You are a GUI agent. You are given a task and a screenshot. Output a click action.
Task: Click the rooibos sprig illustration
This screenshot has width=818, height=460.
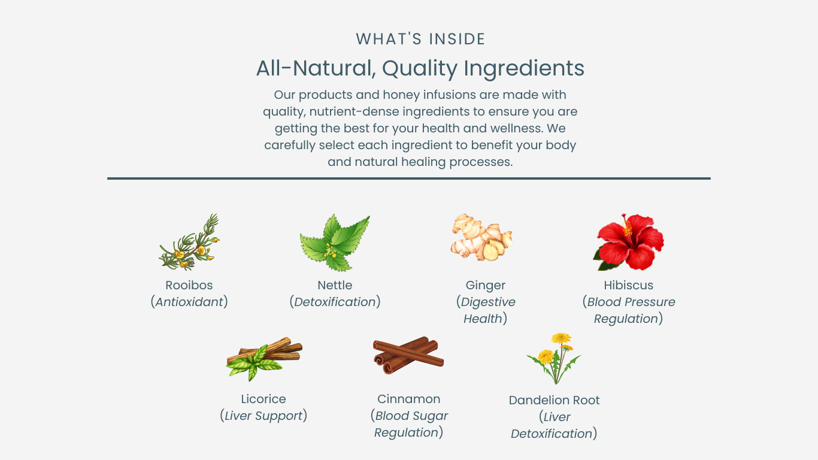189,242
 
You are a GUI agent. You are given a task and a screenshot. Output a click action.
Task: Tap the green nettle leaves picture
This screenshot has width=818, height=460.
335,243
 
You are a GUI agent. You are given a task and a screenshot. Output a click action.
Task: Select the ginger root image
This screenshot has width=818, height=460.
481,237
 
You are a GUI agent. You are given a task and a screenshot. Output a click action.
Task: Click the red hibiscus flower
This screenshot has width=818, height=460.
629,242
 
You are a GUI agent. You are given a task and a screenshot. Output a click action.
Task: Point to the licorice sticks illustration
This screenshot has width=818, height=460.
264,359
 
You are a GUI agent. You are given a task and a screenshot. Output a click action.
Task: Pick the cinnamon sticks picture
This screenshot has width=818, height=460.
408,355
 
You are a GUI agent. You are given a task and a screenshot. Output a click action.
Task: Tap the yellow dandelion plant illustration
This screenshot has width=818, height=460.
554,358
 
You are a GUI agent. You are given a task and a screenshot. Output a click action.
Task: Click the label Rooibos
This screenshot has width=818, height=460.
189,285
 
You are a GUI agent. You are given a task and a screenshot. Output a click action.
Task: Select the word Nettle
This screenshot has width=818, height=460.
335,285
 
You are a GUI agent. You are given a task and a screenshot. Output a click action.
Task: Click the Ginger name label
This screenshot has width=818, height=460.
485,285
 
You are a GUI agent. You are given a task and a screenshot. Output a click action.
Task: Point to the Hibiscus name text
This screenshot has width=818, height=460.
629,285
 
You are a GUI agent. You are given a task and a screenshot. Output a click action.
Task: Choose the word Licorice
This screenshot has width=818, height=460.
263,399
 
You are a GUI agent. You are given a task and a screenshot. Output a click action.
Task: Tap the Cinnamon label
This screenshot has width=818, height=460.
408,399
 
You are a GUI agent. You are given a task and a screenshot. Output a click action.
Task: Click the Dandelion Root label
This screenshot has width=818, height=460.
554,400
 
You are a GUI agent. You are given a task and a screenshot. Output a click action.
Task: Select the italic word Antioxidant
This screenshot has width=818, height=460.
189,302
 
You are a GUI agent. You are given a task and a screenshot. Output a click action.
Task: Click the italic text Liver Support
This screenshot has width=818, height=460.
263,416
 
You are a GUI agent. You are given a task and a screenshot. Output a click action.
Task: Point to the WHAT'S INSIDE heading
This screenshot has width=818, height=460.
420,39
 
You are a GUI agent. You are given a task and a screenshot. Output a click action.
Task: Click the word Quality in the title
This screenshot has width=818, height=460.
420,68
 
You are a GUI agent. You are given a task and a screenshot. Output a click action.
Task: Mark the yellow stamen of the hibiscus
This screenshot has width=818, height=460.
627,226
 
